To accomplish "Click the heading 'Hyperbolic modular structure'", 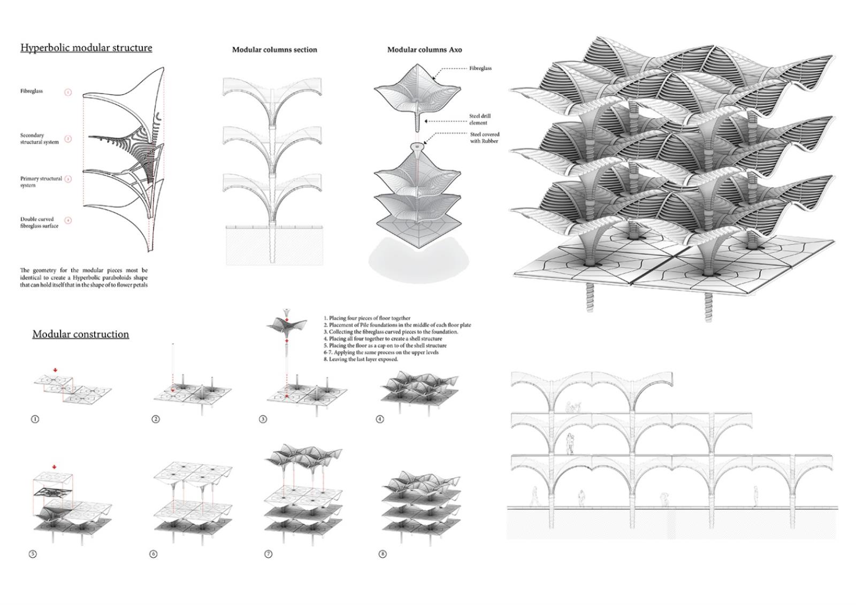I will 86,48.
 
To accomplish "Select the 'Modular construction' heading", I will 80,334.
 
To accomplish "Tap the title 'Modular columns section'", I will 274,50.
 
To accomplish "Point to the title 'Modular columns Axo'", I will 424,50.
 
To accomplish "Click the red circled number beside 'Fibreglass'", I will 68,92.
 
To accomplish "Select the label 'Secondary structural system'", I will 39,138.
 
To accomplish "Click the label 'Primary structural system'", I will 41,182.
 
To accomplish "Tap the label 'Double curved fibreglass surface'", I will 39,222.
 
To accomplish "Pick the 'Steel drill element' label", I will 479,119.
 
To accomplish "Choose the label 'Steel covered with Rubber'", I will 484,138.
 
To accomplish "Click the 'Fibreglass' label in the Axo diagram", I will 480,68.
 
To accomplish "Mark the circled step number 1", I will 35,419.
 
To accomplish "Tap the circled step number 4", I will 380,419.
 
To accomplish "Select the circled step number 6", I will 154,554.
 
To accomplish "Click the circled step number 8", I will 382,554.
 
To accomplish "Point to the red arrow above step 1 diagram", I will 55,370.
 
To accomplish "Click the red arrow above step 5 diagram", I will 54,467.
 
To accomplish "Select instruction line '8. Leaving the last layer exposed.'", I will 361,360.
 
